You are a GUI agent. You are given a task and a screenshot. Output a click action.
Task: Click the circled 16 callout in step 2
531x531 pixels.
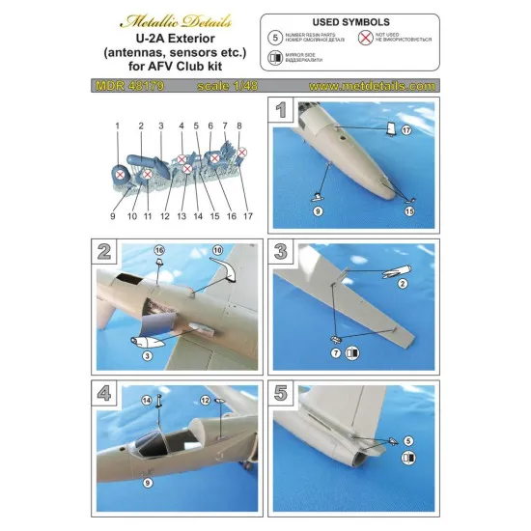[x=160, y=250]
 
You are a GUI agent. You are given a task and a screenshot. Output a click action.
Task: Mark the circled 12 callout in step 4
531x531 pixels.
[x=206, y=399]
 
